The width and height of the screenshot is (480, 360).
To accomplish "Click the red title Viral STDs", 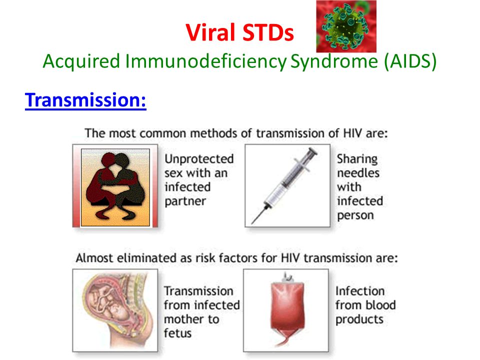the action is click(239, 32).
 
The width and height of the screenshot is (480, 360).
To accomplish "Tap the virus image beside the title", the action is click(346, 26).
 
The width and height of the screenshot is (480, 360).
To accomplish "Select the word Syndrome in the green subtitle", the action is click(334, 61).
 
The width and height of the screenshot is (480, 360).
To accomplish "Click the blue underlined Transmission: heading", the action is click(85, 100).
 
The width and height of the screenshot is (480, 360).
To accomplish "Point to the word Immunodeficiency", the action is click(205, 61).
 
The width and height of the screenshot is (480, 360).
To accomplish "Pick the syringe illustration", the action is click(284, 185).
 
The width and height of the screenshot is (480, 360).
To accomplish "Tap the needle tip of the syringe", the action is click(252, 223).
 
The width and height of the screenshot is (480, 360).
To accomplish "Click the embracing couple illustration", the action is click(115, 186).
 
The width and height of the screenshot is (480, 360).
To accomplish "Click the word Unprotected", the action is click(199, 159).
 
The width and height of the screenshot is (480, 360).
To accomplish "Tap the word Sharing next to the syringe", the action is click(357, 159).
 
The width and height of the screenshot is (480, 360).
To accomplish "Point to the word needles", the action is click(358, 173).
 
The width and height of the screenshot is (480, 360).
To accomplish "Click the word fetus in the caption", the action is click(177, 333).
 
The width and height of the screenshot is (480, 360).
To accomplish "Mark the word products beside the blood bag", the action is click(359, 319).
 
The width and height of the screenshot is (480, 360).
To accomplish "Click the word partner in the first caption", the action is click(185, 201).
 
